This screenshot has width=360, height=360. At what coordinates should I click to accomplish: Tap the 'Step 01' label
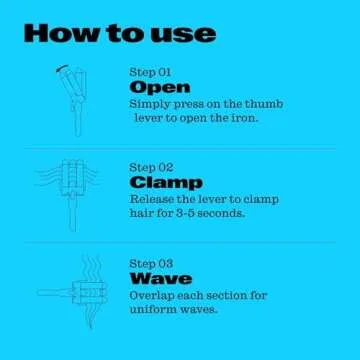click(x=151, y=73)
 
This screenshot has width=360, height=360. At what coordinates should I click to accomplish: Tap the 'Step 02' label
click(x=152, y=167)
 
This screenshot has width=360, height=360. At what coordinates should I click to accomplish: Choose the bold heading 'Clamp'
click(x=166, y=183)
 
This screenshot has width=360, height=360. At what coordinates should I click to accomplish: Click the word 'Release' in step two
click(x=152, y=199)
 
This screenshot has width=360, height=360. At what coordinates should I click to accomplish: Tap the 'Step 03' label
click(x=152, y=263)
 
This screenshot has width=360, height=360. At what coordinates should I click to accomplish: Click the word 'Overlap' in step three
click(x=153, y=295)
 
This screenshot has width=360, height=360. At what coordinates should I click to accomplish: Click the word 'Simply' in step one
click(x=150, y=103)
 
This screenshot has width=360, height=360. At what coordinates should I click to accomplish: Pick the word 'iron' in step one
click(x=244, y=117)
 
